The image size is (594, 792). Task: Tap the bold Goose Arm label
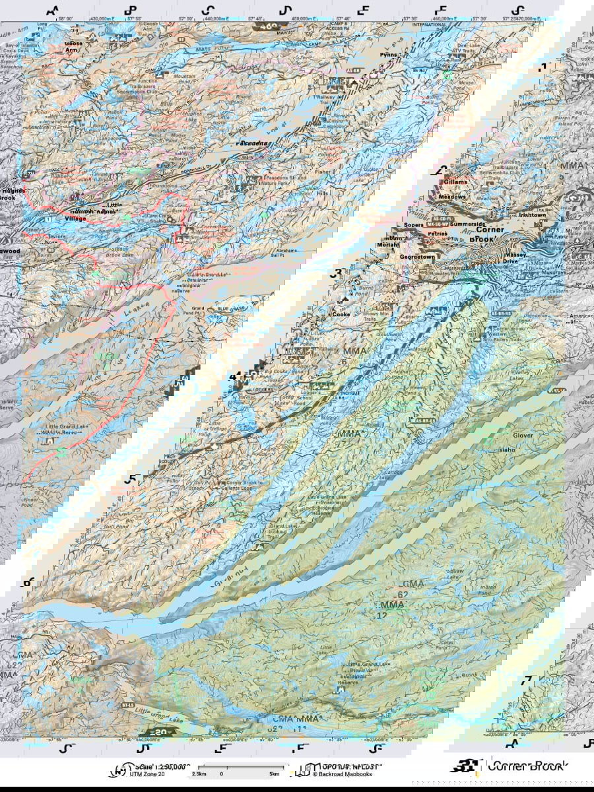click(x=74, y=48)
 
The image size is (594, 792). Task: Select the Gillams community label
click(x=455, y=182)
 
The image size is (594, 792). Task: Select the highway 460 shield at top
click(x=268, y=26)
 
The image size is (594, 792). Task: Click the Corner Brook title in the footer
click(x=521, y=767)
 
